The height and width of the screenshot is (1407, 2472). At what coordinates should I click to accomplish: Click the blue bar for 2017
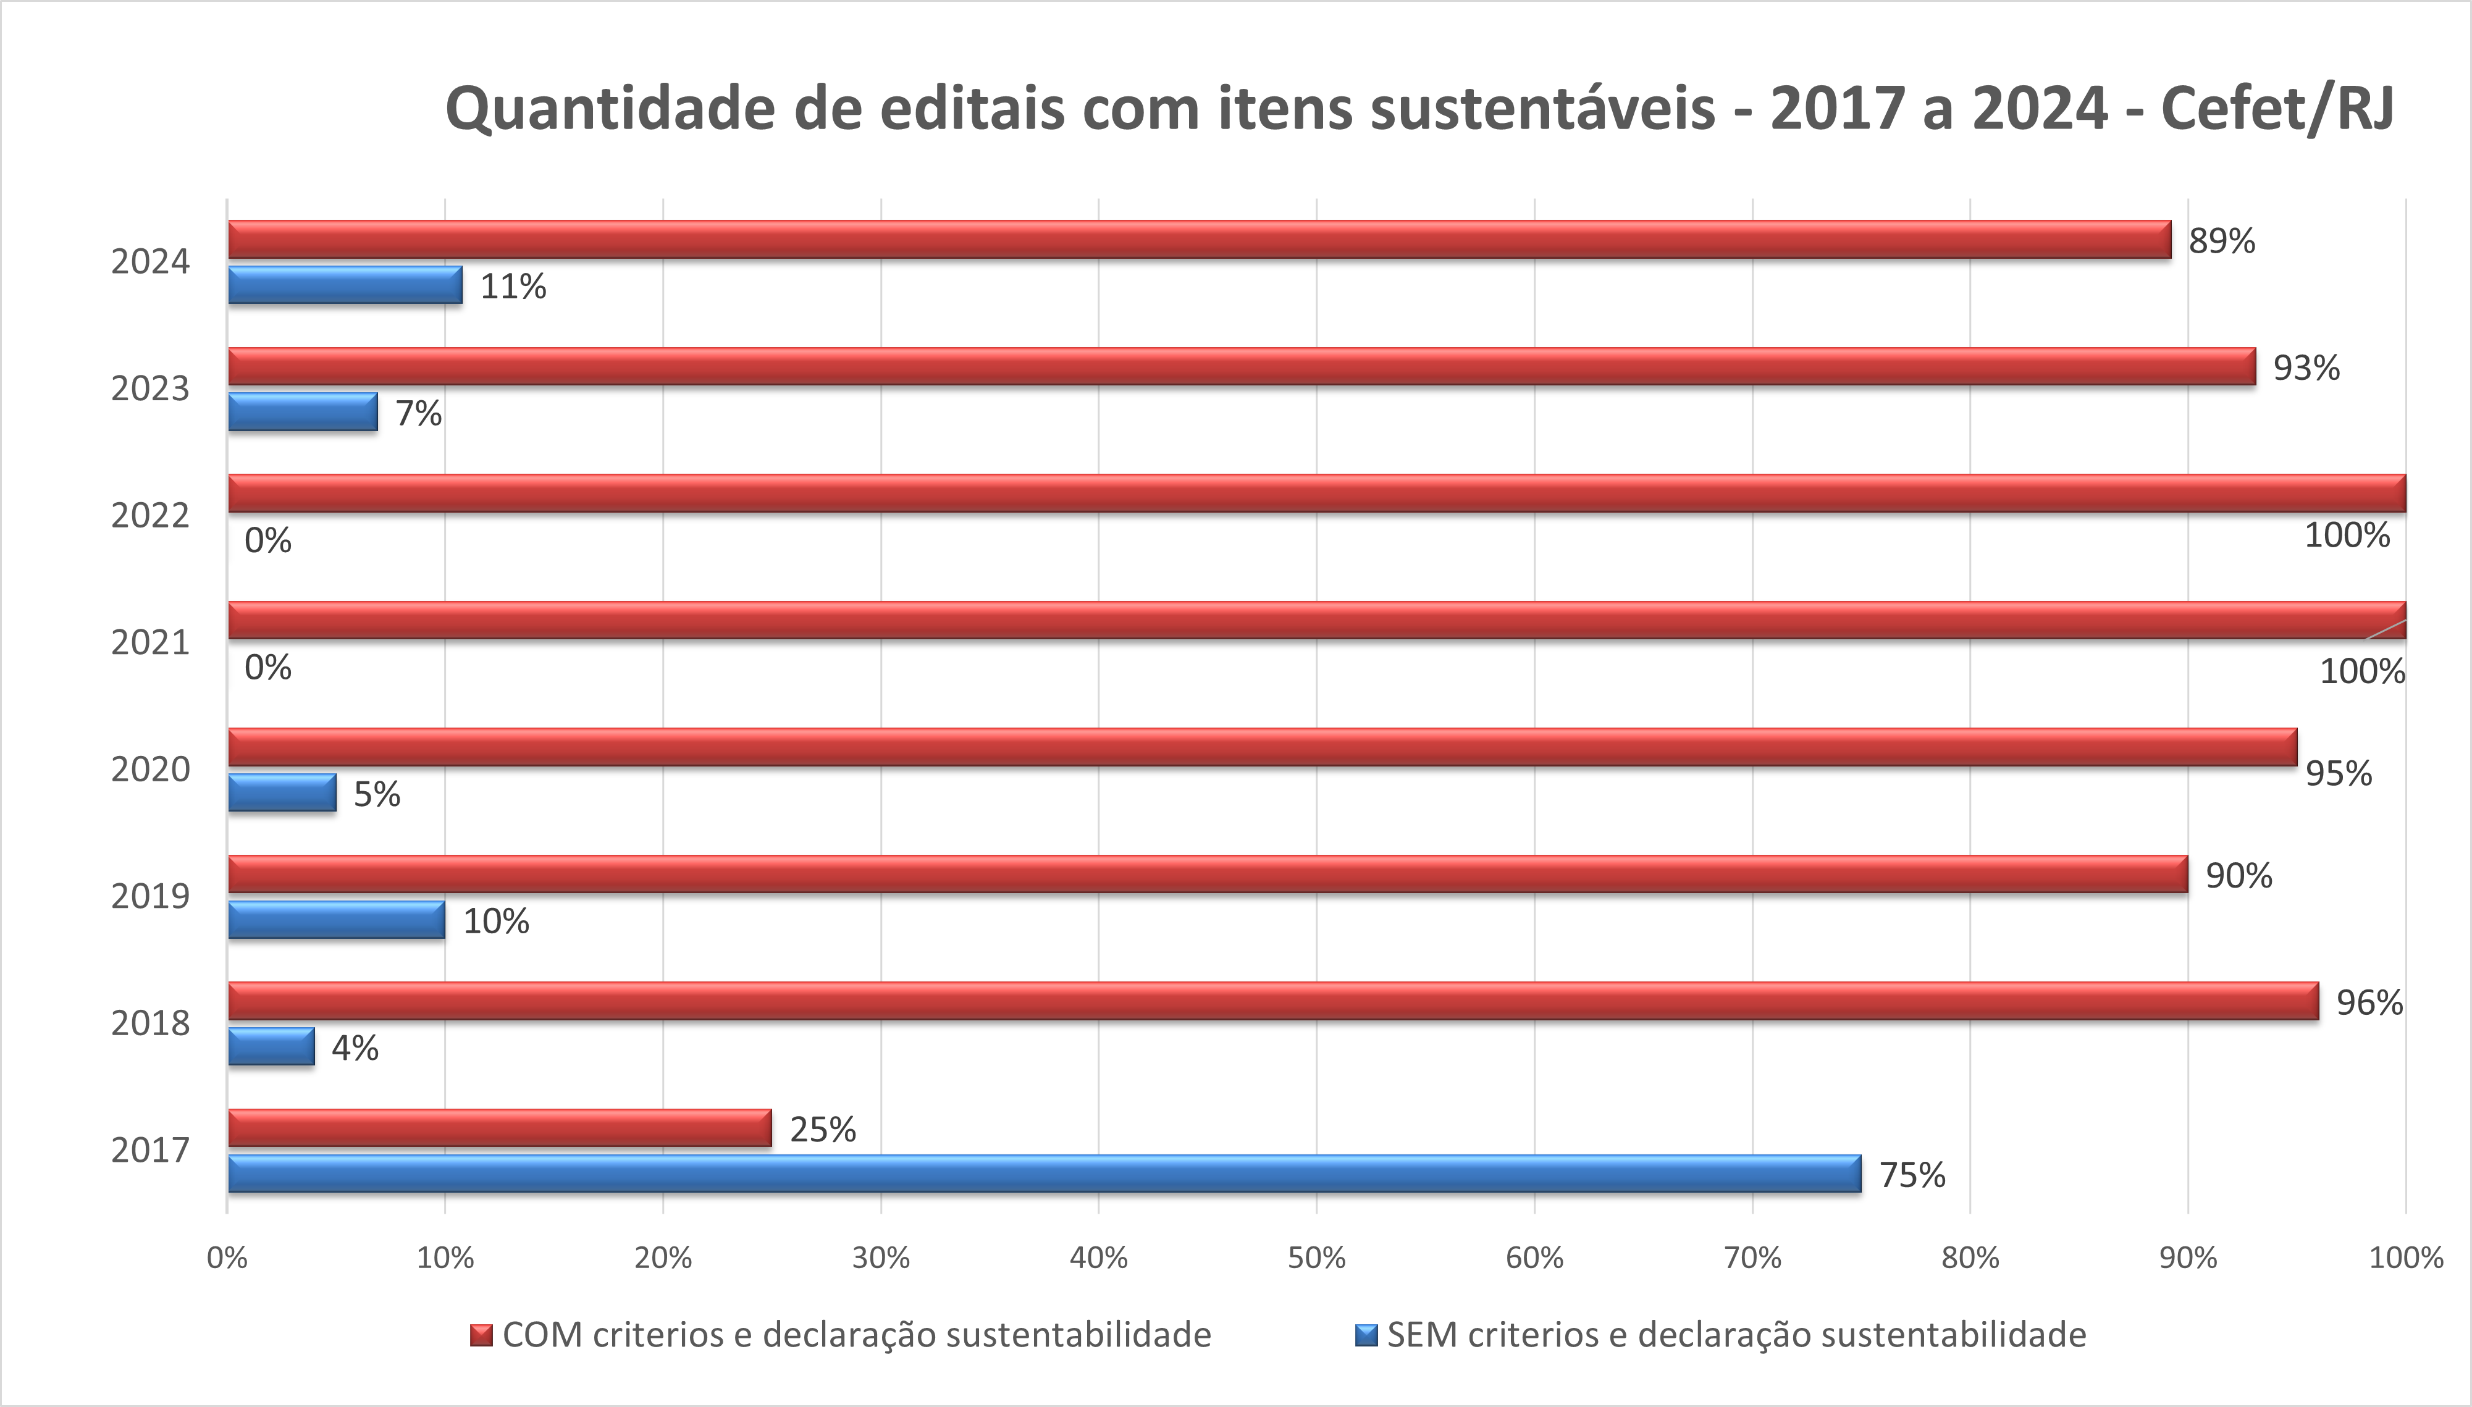[x=1044, y=1173]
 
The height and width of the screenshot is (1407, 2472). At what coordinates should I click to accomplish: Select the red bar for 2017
[x=500, y=1128]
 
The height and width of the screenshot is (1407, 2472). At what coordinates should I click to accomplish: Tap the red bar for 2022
[x=1316, y=493]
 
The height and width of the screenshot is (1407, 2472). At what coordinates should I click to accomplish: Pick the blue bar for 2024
[x=345, y=285]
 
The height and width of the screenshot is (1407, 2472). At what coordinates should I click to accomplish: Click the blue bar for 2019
[x=336, y=919]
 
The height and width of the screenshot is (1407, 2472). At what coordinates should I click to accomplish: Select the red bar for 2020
[x=1262, y=747]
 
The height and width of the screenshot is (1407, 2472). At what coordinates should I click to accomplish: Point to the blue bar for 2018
[x=272, y=1046]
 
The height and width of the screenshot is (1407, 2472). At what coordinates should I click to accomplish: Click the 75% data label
[x=1912, y=1175]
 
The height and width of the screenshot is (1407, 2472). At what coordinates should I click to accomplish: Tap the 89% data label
[x=2222, y=241]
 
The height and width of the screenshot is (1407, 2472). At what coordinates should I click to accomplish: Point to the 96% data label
[x=2369, y=1002]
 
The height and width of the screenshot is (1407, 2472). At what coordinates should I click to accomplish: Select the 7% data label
[x=418, y=414]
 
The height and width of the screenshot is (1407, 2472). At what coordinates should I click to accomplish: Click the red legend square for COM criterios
[x=481, y=1335]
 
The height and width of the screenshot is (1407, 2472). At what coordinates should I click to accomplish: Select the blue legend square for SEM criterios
[x=1366, y=1335]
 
